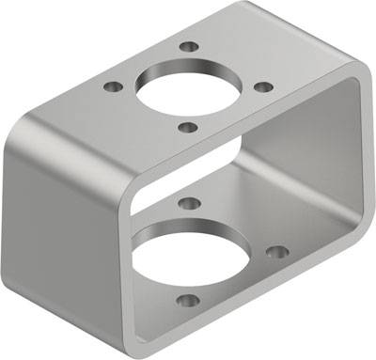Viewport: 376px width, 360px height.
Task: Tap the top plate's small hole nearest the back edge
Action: (x=189, y=46)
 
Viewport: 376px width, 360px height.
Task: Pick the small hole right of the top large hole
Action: (x=264, y=86)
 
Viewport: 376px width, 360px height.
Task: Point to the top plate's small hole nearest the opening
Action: (x=187, y=127)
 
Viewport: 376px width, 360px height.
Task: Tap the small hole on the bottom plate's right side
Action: (x=276, y=252)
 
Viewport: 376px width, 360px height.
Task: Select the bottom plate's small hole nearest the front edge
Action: (x=188, y=302)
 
